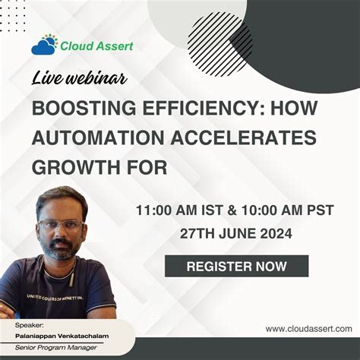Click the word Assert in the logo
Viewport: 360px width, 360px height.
pos(112,46)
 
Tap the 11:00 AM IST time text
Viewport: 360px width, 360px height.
pos(173,208)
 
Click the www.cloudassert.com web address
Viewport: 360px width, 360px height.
pos(308,329)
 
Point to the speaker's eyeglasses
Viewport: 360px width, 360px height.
pos(62,225)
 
